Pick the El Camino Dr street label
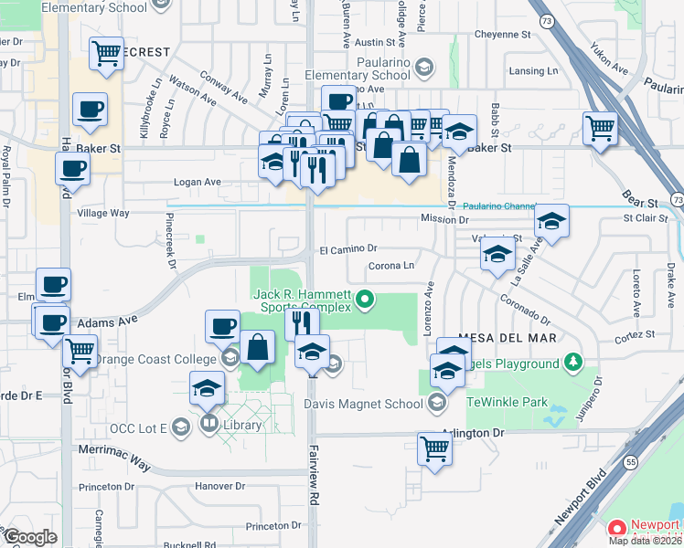tap(347, 248)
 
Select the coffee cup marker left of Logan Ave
tap(72, 167)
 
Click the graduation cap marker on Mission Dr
tap(551, 220)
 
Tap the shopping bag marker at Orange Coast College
tap(258, 346)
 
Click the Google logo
tap(30, 537)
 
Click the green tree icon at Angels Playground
tap(573, 364)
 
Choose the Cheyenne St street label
tap(503, 35)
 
